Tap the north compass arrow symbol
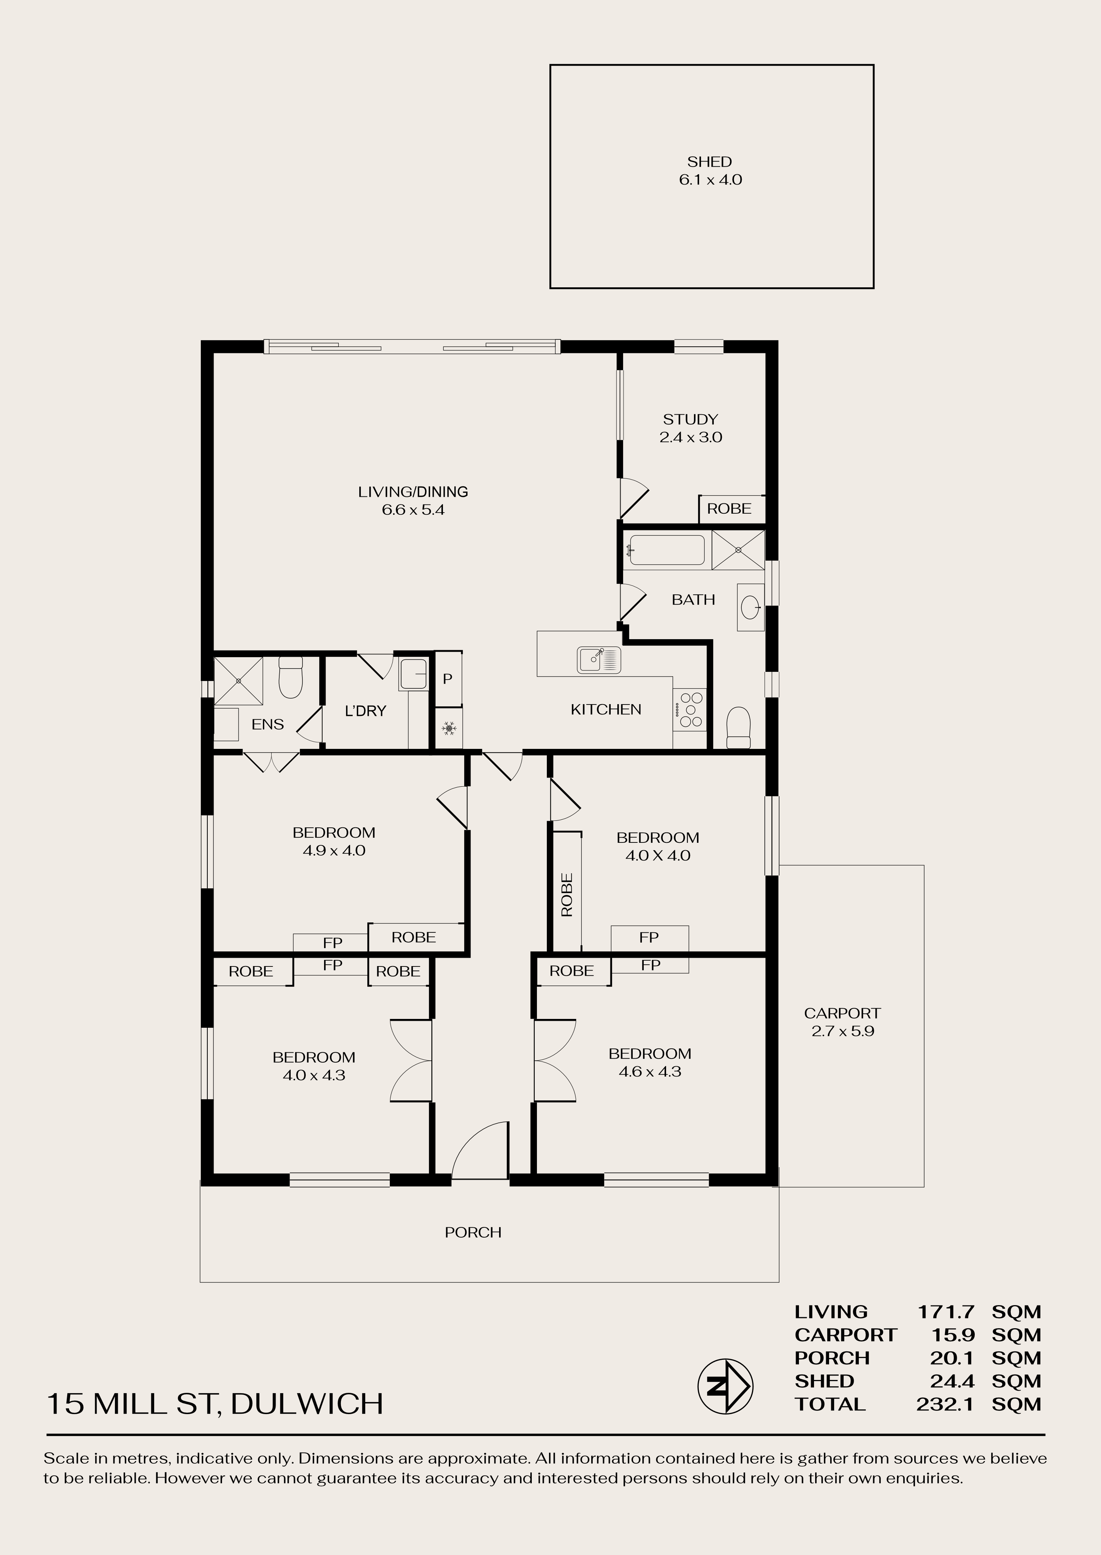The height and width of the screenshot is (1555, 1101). tap(725, 1386)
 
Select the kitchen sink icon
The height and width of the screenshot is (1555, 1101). tap(599, 660)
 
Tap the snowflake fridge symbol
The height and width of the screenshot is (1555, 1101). tap(447, 729)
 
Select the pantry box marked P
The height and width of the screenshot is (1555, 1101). tap(447, 678)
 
